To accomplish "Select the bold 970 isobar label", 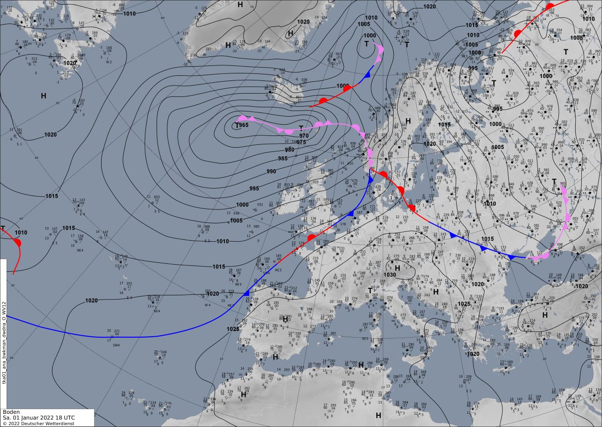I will [304, 136].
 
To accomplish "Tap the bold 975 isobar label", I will [301, 142].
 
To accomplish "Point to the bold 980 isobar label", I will [289, 150].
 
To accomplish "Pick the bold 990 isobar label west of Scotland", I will [271, 172].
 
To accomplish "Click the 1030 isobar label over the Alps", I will [390, 275].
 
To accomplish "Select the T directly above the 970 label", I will [301, 128].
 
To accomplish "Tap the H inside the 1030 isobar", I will [397, 268].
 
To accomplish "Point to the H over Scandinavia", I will [408, 121].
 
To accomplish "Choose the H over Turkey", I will [545, 315].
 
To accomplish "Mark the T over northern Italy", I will [370, 291].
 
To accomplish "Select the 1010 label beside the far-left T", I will [21, 232].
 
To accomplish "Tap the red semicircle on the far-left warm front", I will [17, 243].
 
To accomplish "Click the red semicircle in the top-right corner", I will [550, 7].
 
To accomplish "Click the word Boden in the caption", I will [11, 411].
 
